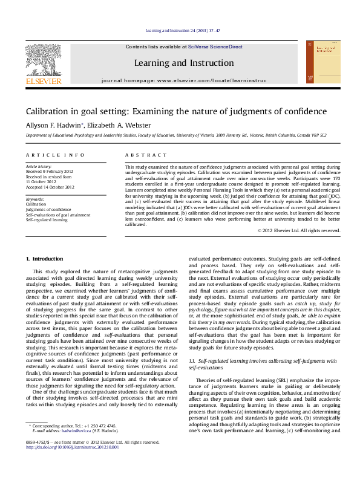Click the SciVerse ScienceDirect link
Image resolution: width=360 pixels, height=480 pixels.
pyautogui.click(x=215, y=47)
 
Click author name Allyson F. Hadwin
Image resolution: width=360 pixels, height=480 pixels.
pyautogui.click(x=51, y=125)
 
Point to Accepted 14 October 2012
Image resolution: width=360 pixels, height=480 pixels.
pyautogui.click(x=50, y=187)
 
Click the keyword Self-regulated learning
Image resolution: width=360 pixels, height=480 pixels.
pyautogui.click(x=46, y=219)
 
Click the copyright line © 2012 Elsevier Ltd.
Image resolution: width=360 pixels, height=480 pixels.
pyautogui.click(x=298, y=230)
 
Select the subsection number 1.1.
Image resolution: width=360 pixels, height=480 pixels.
pyautogui.click(x=193, y=360)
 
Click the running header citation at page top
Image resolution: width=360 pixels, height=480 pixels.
pyautogui.click(x=179, y=31)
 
